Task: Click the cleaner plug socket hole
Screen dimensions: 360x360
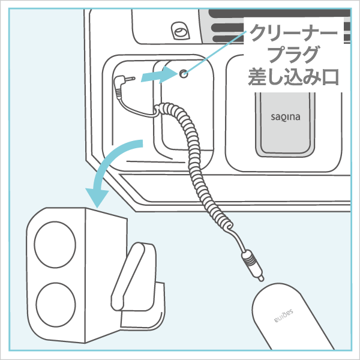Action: [184, 73]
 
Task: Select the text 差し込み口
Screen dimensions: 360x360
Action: [294, 77]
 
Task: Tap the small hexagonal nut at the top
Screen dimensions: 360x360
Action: [178, 29]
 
